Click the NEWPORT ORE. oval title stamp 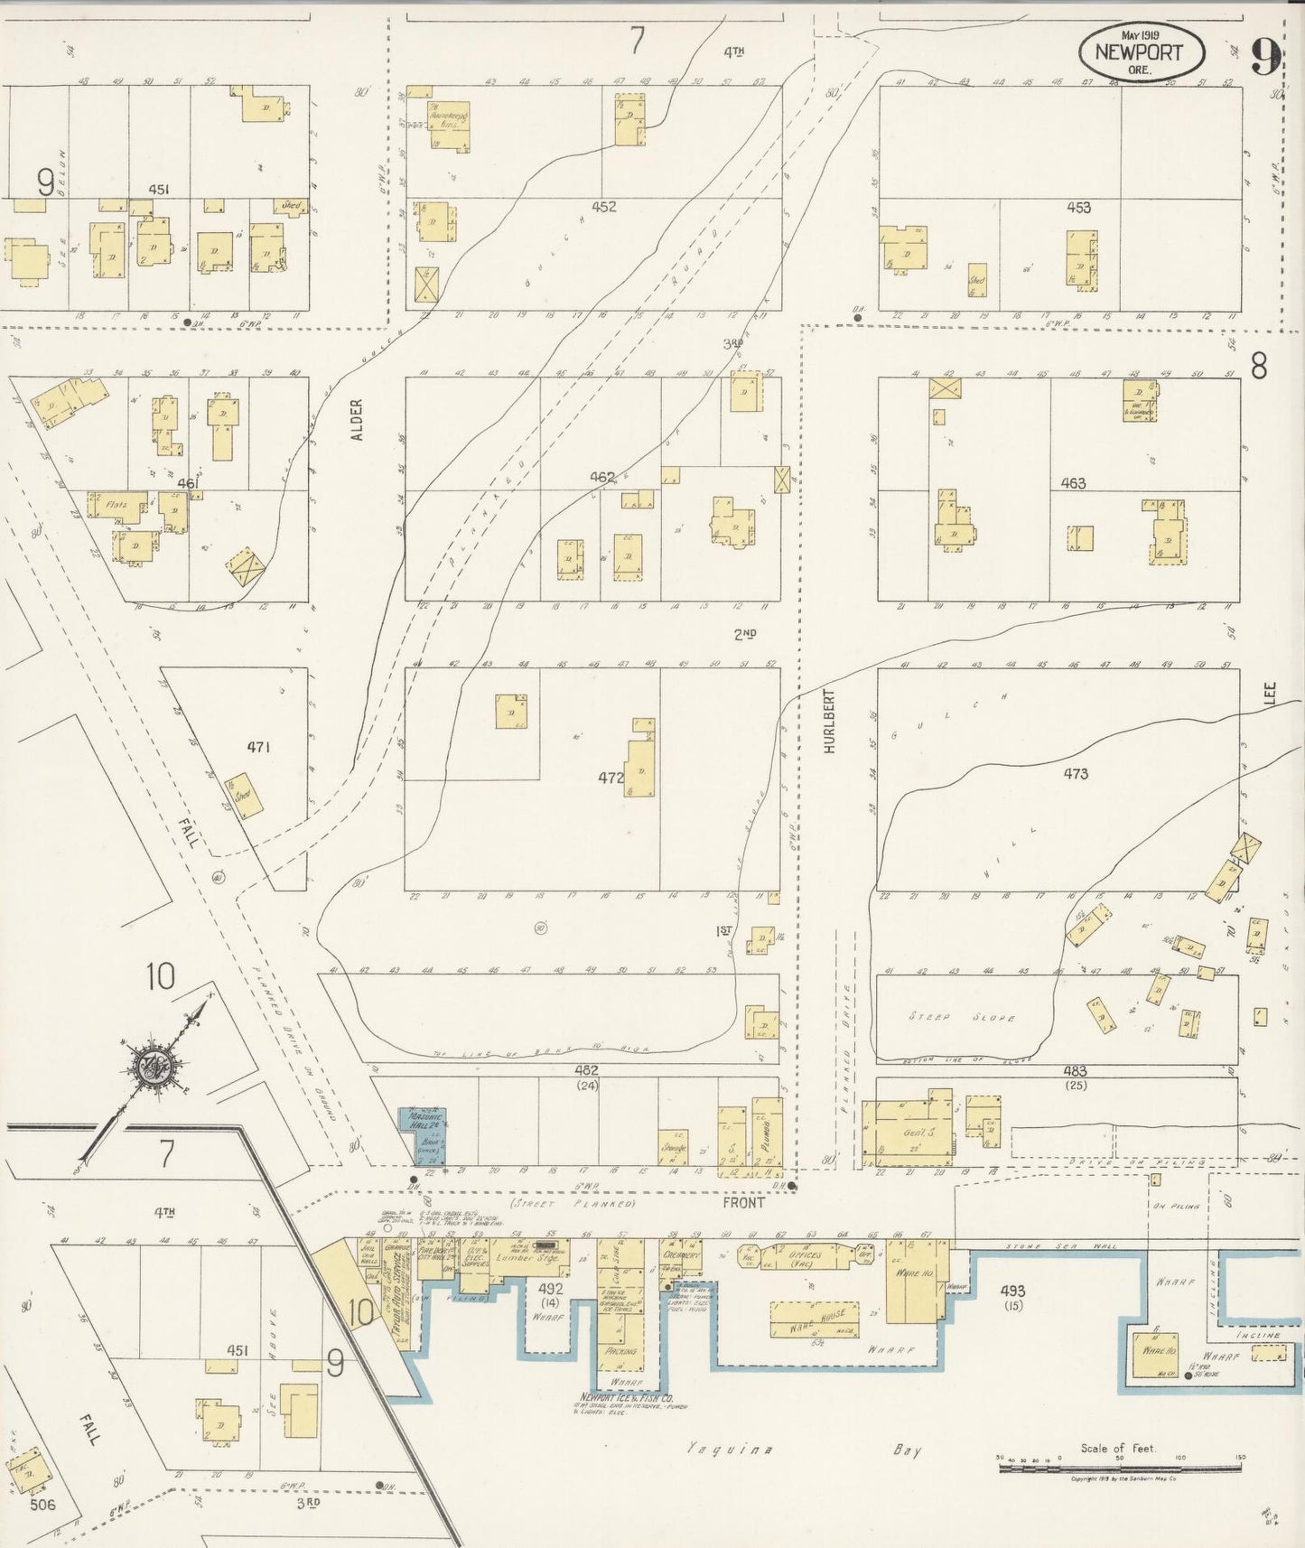1141,51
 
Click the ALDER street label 356,420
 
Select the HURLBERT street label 829,720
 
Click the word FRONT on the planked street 744,1203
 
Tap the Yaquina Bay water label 804,1450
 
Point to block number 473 1075,774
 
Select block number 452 604,207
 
